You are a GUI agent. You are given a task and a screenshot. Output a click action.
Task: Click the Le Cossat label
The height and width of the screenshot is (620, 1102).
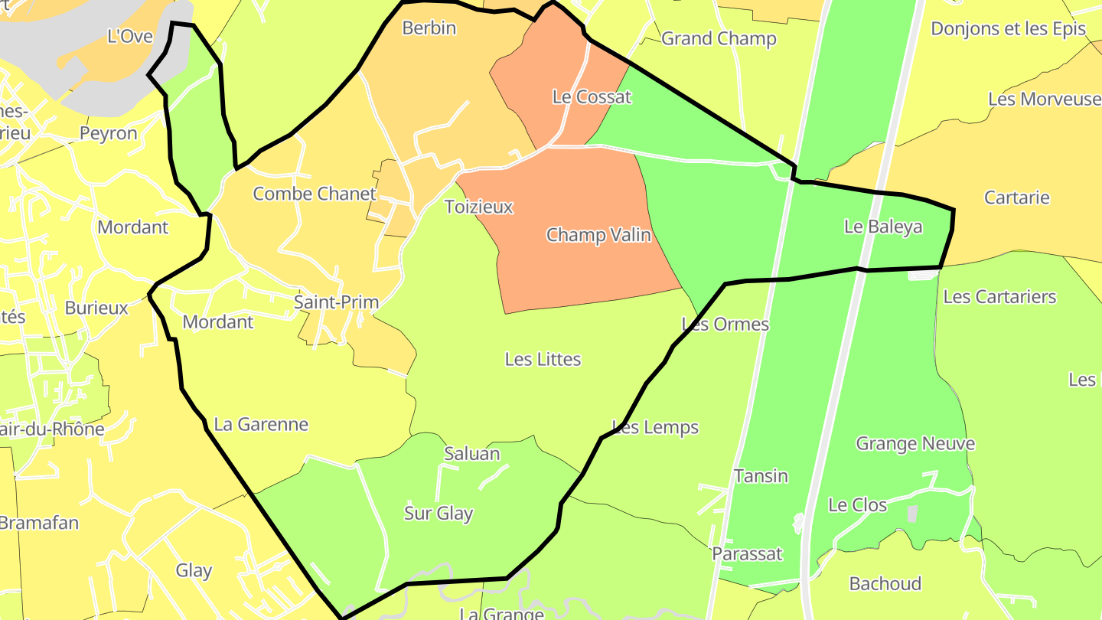(592, 97)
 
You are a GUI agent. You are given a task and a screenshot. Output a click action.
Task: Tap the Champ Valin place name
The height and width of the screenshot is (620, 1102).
(598, 235)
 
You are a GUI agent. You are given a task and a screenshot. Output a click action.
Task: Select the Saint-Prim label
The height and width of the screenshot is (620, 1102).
(337, 302)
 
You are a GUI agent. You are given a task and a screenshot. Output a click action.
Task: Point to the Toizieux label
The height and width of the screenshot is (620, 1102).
(478, 207)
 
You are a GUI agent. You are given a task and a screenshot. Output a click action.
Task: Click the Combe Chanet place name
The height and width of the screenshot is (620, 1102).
(315, 194)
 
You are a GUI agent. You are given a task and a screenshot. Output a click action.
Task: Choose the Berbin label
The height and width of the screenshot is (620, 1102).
(429, 28)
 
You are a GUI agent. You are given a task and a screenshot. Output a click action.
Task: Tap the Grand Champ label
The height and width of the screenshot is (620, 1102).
(719, 38)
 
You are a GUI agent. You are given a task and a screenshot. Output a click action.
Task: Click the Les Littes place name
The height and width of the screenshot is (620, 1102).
(543, 359)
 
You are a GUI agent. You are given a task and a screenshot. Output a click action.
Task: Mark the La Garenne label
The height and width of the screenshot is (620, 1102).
(261, 424)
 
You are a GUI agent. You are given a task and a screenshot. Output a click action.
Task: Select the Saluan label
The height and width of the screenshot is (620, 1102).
(471, 454)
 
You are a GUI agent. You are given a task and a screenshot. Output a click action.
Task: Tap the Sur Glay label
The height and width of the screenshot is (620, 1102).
(439, 514)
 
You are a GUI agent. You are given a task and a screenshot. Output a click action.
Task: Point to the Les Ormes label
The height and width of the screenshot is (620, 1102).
(725, 324)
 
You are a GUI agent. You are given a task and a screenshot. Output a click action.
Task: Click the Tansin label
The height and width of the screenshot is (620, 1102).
(761, 476)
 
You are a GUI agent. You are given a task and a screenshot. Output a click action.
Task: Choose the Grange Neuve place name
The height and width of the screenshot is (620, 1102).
(915, 444)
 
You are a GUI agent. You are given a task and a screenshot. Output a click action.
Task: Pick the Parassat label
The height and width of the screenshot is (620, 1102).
(747, 553)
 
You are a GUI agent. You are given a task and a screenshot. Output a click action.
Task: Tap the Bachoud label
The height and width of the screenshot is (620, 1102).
(885, 584)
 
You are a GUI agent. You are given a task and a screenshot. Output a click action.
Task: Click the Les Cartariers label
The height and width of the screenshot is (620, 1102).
(999, 297)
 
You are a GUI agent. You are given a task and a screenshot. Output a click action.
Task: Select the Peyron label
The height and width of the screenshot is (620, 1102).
(109, 133)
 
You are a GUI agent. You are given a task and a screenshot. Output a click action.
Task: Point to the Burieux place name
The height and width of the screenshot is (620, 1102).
(96, 308)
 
